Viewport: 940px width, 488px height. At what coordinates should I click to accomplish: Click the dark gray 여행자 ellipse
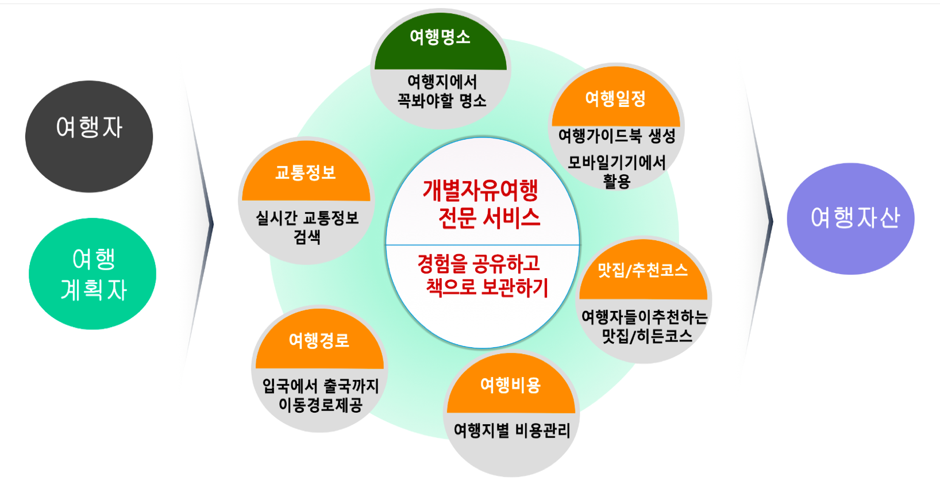(89, 136)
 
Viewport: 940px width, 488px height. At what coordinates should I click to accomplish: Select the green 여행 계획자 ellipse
(93, 274)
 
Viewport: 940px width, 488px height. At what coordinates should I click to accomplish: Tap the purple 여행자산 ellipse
(850, 219)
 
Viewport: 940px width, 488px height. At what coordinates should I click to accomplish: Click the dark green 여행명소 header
(441, 41)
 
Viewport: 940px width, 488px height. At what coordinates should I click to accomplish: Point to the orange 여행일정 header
(615, 98)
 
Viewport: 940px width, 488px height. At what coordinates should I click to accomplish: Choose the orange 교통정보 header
(306, 171)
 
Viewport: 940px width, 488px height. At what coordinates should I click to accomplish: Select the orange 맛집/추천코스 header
(644, 270)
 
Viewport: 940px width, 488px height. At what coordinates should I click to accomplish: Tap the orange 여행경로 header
(319, 339)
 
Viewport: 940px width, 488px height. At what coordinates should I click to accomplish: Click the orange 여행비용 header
(511, 384)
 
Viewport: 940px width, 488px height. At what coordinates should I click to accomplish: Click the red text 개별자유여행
(480, 190)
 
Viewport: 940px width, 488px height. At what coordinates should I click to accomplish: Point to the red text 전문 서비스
(490, 218)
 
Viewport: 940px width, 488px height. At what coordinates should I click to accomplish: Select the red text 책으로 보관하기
(487, 287)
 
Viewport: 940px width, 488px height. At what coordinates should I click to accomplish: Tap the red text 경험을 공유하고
(479, 263)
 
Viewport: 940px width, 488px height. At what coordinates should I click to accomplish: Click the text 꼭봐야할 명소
(442, 101)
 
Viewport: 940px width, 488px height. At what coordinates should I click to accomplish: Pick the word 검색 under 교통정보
(307, 237)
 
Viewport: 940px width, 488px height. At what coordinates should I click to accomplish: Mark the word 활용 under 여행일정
(617, 181)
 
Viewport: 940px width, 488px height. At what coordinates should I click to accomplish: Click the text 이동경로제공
(321, 405)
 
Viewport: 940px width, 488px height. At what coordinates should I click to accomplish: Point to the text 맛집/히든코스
(646, 336)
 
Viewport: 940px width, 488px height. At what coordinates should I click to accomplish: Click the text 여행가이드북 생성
(617, 136)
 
